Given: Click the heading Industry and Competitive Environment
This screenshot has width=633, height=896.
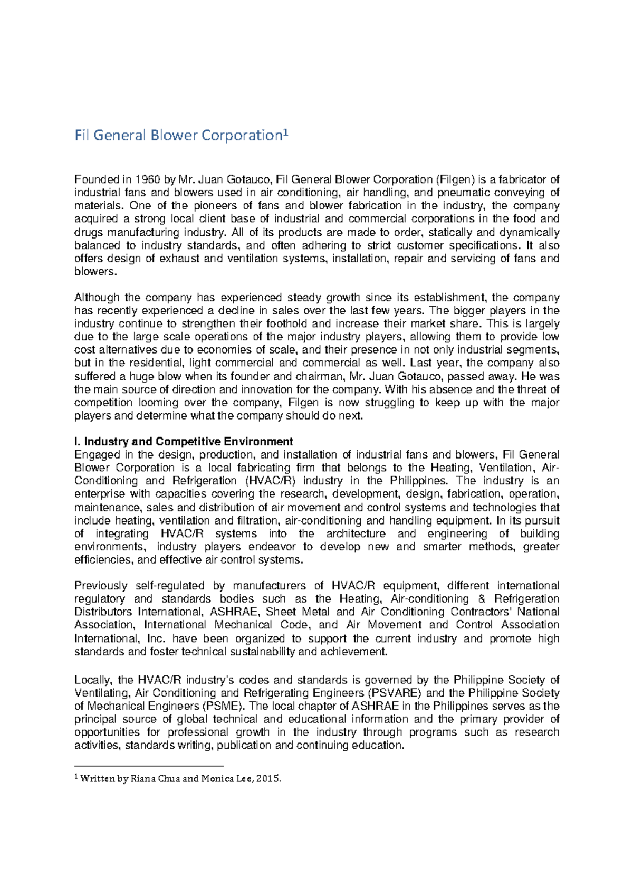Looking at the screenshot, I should pos(188,442).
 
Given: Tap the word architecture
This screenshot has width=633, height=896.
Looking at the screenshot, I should pos(356,533).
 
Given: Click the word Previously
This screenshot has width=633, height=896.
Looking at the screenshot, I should pos(101,586).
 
